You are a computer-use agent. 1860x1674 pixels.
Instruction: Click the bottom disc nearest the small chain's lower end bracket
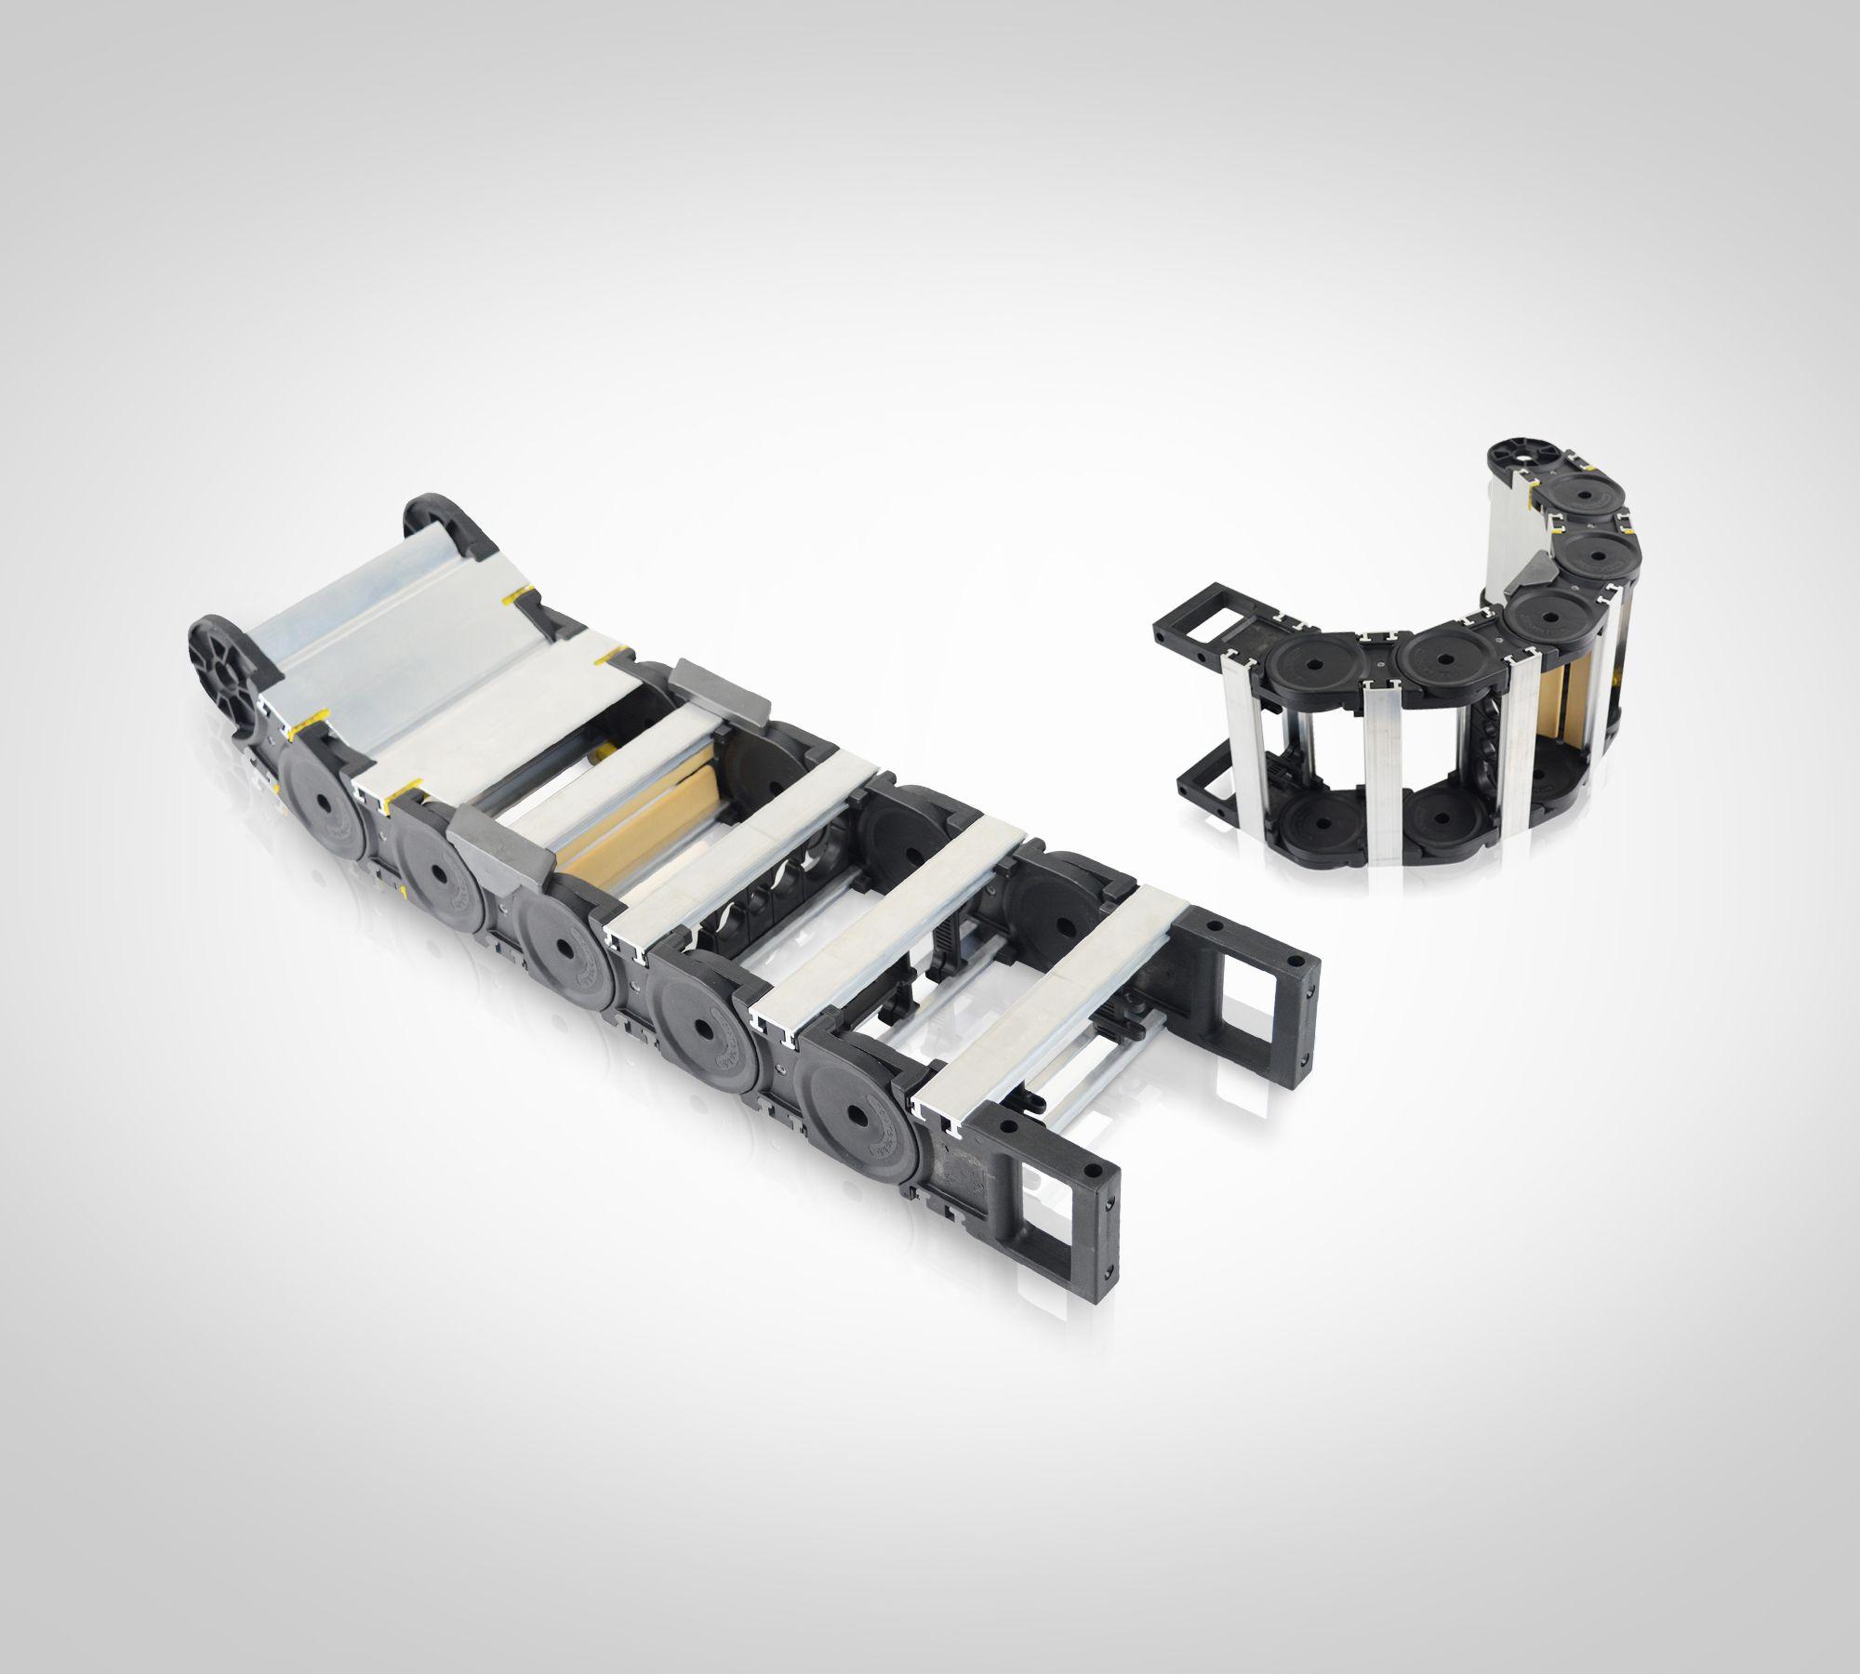(x=1311, y=818)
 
